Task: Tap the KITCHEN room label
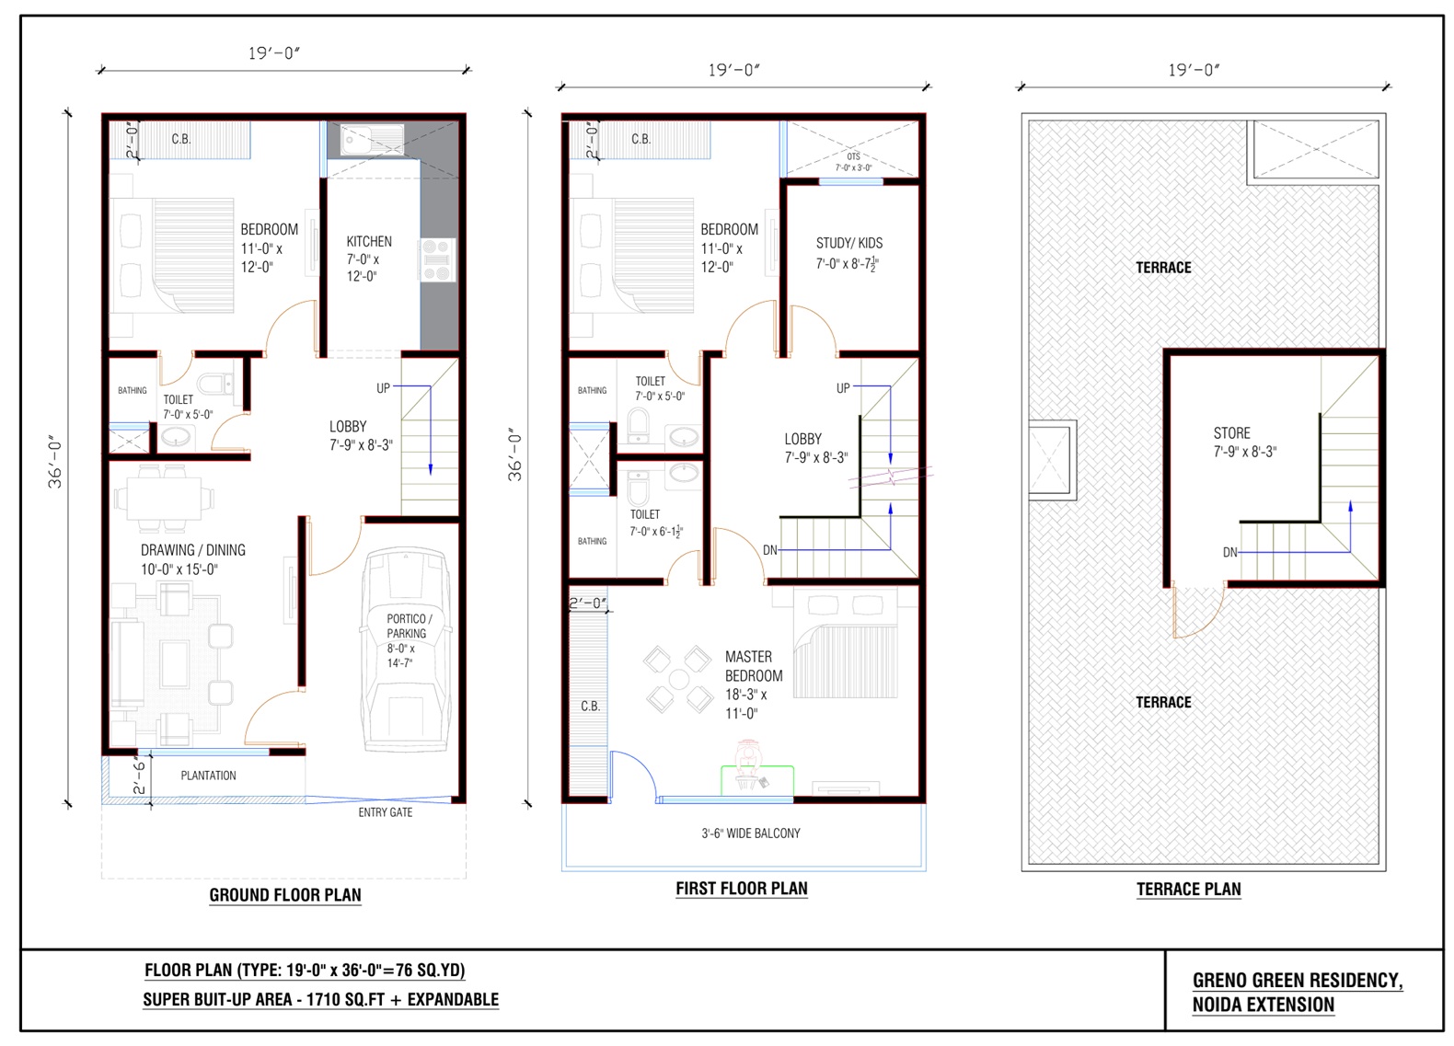(x=369, y=241)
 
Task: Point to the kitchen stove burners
(x=437, y=259)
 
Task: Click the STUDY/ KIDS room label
(x=849, y=244)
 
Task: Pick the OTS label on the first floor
(x=853, y=156)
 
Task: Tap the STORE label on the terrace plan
(x=1231, y=432)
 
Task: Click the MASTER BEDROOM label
(x=753, y=666)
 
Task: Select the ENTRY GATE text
(x=385, y=812)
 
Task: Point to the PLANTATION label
(x=208, y=776)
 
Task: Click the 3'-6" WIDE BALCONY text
(x=750, y=833)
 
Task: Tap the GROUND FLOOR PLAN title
(x=285, y=895)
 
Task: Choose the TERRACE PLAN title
(x=1189, y=889)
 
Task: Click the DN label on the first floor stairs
(x=770, y=550)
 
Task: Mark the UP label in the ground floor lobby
(x=383, y=388)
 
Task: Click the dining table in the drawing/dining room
(x=164, y=498)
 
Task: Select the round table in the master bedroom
(x=678, y=679)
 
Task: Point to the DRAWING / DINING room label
(x=192, y=550)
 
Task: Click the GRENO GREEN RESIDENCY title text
(x=1297, y=981)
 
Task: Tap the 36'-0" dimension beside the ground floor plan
(x=56, y=461)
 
